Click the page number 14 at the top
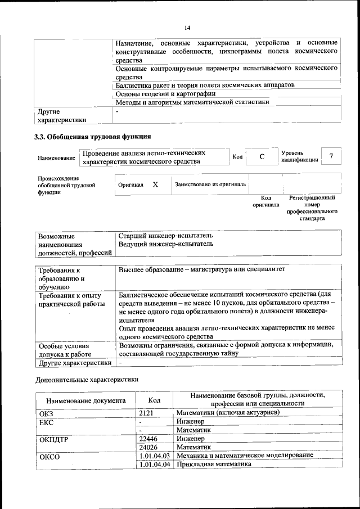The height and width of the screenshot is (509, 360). pyautogui.click(x=187, y=27)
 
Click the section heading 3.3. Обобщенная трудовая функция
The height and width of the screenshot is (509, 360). pyautogui.click(x=93, y=137)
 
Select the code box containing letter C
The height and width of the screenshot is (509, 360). pyautogui.click(x=262, y=157)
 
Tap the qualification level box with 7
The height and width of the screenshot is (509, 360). pyautogui.click(x=331, y=156)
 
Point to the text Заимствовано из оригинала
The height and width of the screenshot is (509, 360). pyautogui.click(x=210, y=184)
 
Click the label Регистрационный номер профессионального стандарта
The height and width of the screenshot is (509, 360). pyautogui.click(x=312, y=208)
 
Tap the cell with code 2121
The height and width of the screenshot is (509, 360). pyautogui.click(x=146, y=413)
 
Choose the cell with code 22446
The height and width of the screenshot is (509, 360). pyautogui.click(x=148, y=438)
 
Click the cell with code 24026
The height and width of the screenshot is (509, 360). pyautogui.click(x=148, y=447)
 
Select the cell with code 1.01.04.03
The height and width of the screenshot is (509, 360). pyautogui.click(x=155, y=455)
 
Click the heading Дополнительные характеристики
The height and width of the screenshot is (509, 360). pyautogui.click(x=87, y=380)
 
